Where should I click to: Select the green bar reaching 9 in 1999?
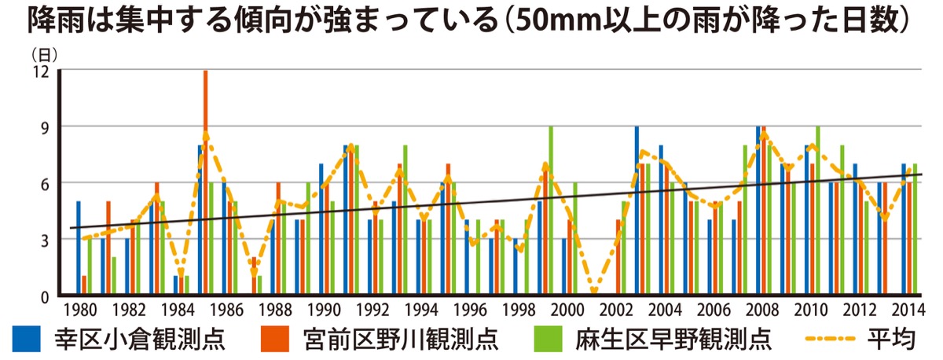click(x=551, y=211)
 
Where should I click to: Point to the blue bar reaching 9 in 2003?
click(x=637, y=211)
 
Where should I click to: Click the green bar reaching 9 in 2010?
click(x=818, y=211)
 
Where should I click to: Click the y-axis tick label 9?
click(x=45, y=127)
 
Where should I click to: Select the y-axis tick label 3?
click(x=45, y=239)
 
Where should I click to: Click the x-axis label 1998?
click(x=519, y=308)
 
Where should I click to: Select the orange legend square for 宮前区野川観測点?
click(x=271, y=338)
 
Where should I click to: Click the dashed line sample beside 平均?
click(x=830, y=338)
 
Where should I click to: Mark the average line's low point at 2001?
click(x=594, y=292)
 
